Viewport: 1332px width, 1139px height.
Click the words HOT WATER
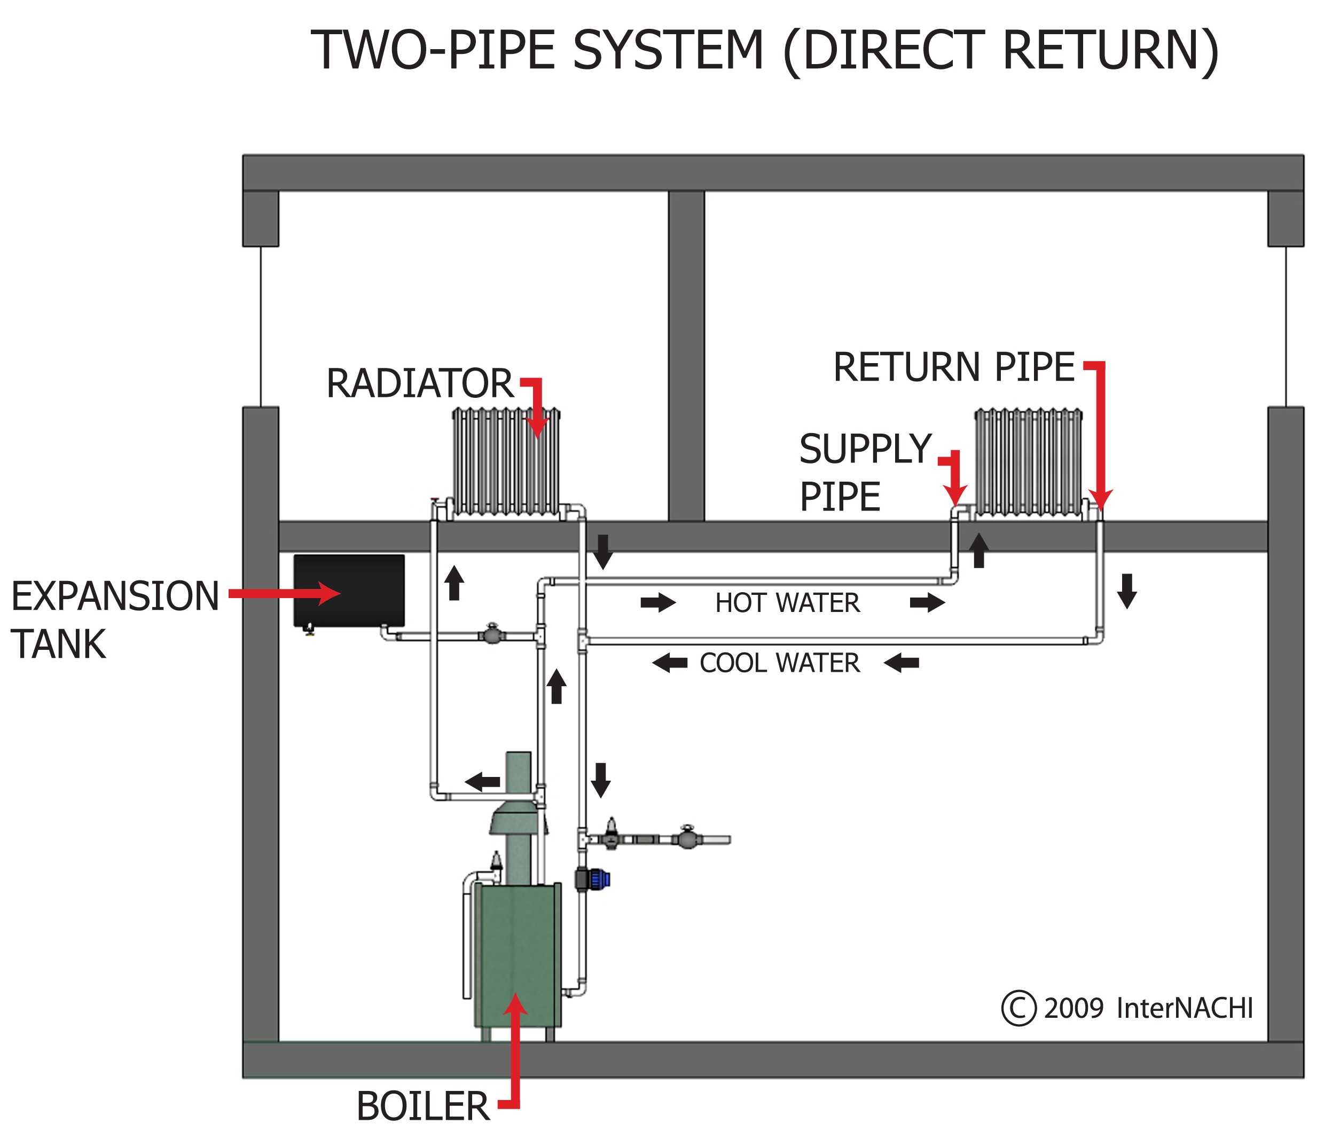[x=787, y=603]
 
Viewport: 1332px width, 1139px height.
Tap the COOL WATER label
[x=779, y=663]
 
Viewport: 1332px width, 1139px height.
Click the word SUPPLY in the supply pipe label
[x=865, y=449]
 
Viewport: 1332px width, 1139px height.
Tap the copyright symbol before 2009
[x=1018, y=1008]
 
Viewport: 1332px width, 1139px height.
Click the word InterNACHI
[x=1185, y=1008]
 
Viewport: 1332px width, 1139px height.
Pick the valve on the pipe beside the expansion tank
[x=492, y=635]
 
